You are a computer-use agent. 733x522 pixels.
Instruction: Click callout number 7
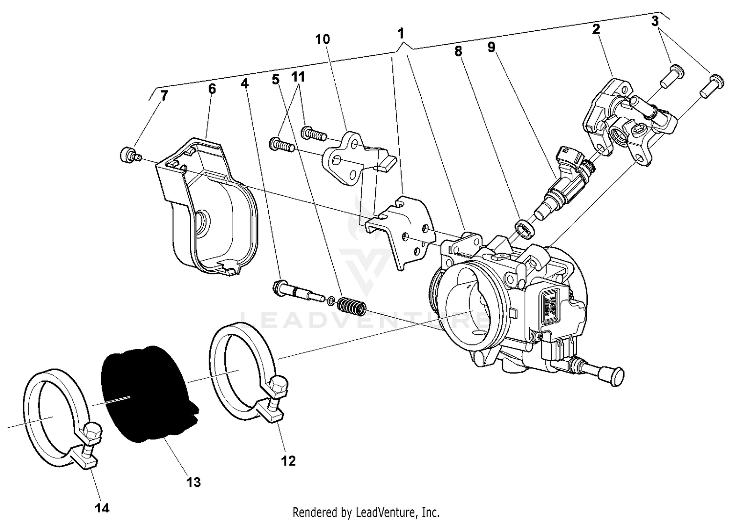(164, 95)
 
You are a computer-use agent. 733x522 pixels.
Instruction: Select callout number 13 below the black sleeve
(194, 482)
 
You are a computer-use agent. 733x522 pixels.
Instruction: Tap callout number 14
(102, 508)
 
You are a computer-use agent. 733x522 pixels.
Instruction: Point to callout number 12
(288, 460)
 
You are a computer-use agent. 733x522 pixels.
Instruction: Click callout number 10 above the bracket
(323, 39)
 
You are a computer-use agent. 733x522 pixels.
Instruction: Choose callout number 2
(596, 29)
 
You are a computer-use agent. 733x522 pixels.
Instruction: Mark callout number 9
(491, 47)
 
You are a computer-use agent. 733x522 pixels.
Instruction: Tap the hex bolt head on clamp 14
(93, 432)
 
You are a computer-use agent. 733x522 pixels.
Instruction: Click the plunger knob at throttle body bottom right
(616, 375)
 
